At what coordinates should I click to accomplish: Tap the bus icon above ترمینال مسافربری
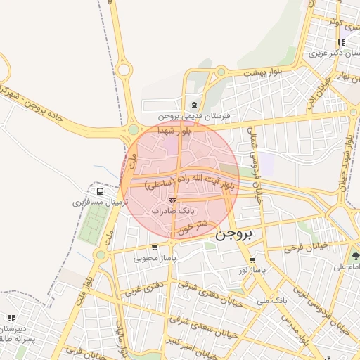tap(100, 191)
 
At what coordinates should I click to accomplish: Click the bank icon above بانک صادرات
tap(172, 201)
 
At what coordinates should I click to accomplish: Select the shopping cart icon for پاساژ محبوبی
tap(155, 247)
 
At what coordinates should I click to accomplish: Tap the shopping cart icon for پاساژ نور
tap(252, 259)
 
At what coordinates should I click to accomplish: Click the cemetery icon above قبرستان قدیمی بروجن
tap(194, 105)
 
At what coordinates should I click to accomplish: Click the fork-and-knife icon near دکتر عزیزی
tap(341, 42)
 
